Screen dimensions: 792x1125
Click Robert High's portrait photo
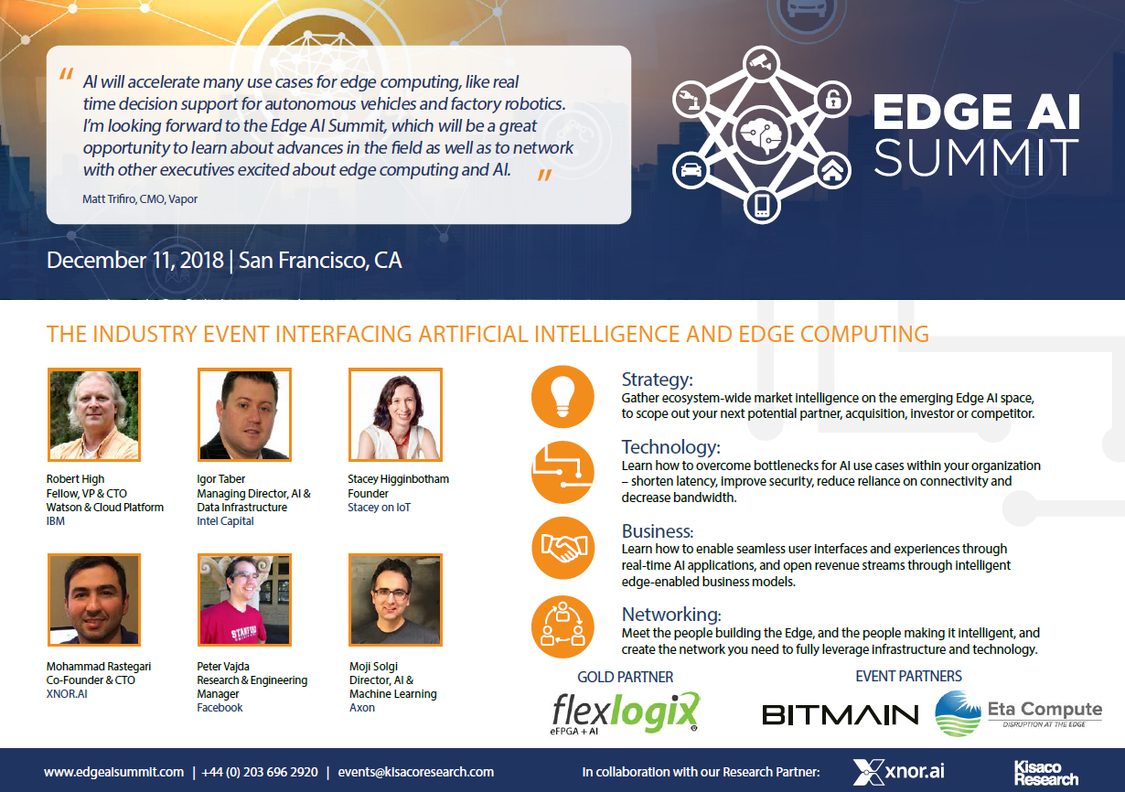point(93,414)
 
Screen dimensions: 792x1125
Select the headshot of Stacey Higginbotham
point(396,414)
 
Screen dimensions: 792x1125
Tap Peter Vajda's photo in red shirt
point(244,599)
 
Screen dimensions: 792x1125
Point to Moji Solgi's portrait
point(396,599)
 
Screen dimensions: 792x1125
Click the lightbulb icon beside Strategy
point(562,397)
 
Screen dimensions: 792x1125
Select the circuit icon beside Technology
point(562,472)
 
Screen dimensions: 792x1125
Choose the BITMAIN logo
point(840,714)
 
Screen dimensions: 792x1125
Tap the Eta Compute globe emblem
point(958,713)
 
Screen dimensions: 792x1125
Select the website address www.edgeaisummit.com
point(113,772)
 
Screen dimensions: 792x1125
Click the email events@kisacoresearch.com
point(415,772)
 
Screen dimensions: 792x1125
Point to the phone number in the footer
point(261,772)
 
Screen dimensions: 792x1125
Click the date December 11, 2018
point(134,260)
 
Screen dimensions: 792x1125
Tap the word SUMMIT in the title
point(976,156)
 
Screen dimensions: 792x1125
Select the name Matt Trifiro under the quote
point(107,198)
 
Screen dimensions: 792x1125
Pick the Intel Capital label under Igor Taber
point(225,521)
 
